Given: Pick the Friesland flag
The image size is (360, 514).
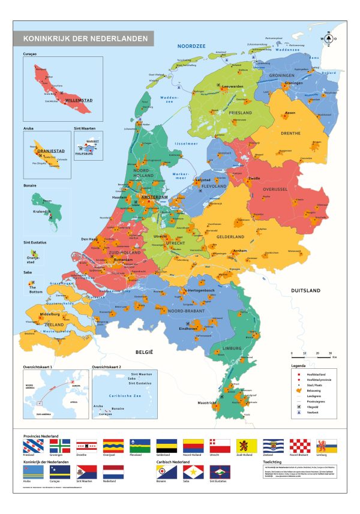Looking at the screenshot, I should click(x=32, y=446).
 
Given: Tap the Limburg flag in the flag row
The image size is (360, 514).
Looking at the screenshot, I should click(x=326, y=446).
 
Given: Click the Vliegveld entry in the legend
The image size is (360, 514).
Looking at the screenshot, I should click(x=311, y=407).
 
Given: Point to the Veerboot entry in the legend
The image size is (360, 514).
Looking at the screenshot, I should click(x=311, y=413).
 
